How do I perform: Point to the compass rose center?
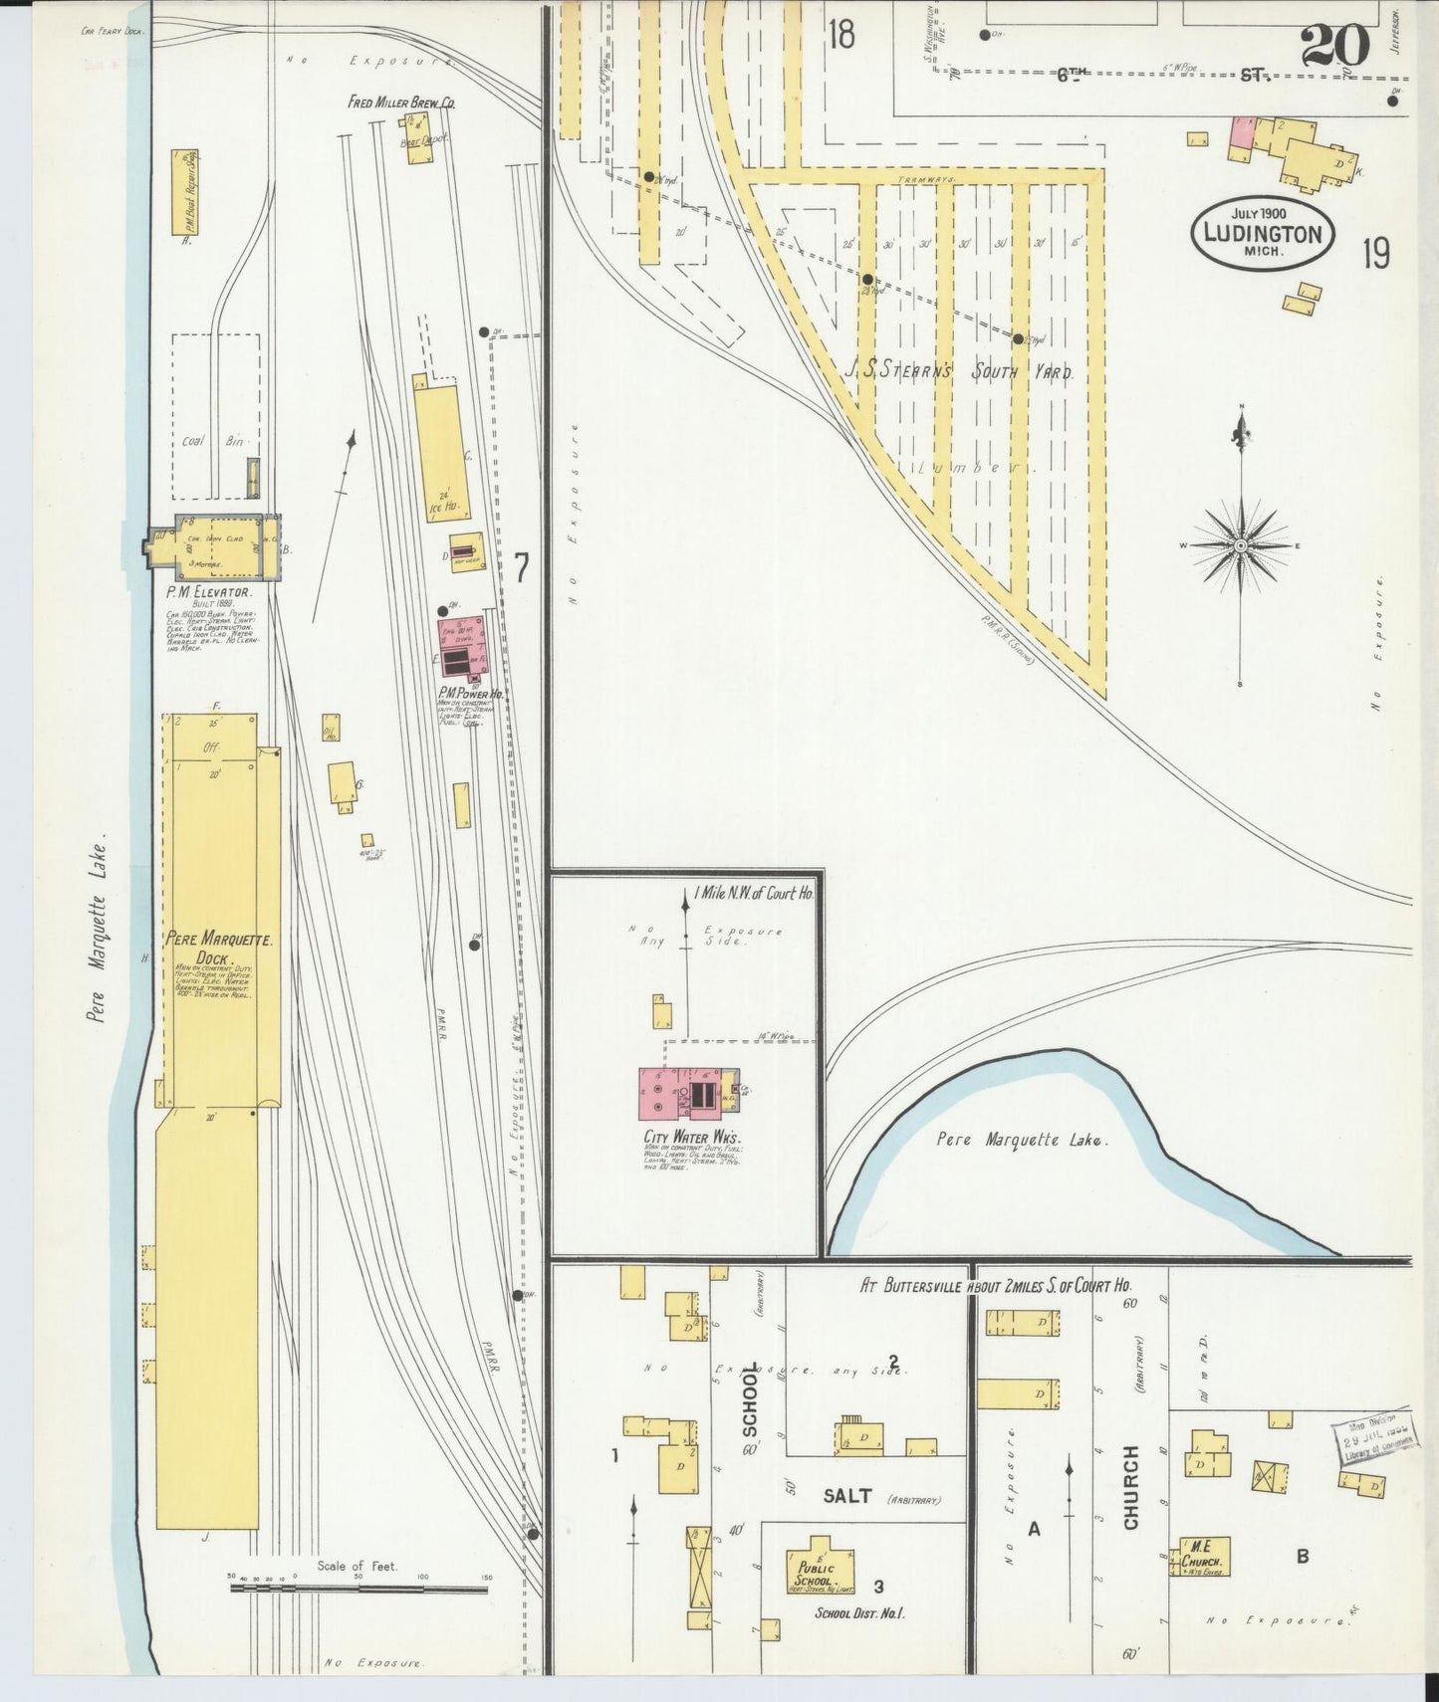click(1242, 545)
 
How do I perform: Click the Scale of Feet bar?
click(359, 1588)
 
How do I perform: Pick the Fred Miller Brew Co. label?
click(401, 102)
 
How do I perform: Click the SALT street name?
click(847, 1495)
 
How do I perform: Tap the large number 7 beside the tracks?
click(521, 567)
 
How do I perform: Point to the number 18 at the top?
click(840, 35)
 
